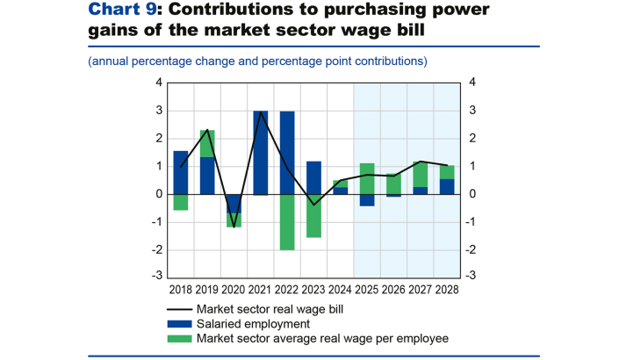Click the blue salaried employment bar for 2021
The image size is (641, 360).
click(261, 153)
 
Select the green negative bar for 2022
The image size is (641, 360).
click(287, 221)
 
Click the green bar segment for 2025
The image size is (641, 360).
click(367, 178)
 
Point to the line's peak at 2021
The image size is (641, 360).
click(261, 112)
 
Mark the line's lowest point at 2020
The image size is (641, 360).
click(234, 226)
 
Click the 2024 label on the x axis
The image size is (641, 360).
click(340, 289)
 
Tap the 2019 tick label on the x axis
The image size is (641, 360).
click(207, 289)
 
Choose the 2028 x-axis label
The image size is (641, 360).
click(447, 289)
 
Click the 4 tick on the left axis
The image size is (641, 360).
click(159, 83)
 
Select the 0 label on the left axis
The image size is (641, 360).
click(159, 194)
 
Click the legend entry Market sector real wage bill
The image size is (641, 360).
click(269, 308)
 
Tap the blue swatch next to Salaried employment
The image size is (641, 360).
click(179, 323)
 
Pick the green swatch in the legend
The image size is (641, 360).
click(179, 338)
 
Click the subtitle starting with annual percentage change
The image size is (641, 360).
click(257, 61)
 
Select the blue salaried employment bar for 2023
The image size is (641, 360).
click(313, 177)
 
